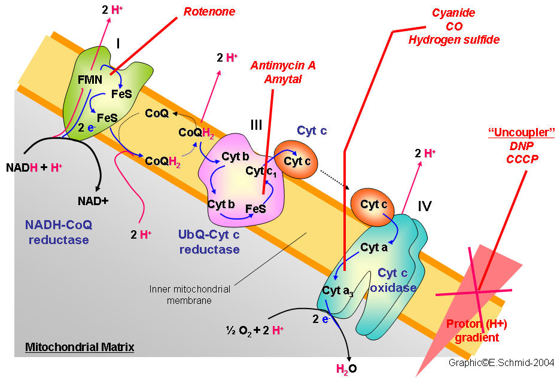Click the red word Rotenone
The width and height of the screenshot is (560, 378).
[209, 11]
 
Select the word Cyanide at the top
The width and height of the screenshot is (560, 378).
[454, 13]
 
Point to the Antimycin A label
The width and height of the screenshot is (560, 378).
[283, 66]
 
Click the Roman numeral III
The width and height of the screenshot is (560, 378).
[256, 125]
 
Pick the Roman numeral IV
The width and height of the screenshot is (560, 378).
[425, 207]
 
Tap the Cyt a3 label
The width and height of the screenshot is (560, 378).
[337, 291]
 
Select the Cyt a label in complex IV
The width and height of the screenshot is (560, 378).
[374, 248]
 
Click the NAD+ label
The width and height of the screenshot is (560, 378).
[93, 200]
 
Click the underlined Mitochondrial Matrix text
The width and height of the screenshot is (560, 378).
[80, 347]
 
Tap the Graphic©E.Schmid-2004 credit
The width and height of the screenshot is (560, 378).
[501, 362]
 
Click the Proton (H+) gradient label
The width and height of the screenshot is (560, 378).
[473, 331]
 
